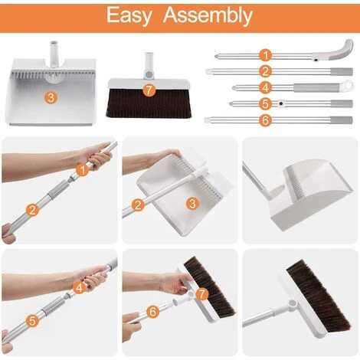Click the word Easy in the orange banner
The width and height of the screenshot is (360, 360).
[x=129, y=16]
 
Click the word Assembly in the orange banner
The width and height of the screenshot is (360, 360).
[x=208, y=15]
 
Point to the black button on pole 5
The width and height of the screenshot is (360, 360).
[x=281, y=103]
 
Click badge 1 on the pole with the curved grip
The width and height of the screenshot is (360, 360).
[x=266, y=55]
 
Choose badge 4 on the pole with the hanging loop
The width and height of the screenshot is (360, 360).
[x=266, y=87]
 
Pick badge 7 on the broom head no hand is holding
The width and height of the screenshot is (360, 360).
[x=149, y=90]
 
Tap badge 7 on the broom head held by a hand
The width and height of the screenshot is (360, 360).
[x=202, y=294]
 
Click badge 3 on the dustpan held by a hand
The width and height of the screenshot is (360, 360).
[x=192, y=204]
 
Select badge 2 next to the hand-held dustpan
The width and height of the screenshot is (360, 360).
[x=138, y=205]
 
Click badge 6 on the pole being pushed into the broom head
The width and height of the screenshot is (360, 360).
[x=152, y=312]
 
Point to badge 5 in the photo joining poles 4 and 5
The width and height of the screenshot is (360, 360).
[x=32, y=321]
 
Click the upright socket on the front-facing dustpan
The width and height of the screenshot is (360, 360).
[x=54, y=54]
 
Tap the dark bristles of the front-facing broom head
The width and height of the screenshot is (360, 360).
[x=149, y=103]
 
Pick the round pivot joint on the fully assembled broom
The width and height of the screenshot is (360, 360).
[x=293, y=304]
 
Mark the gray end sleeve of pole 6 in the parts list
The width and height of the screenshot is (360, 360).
[x=342, y=119]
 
